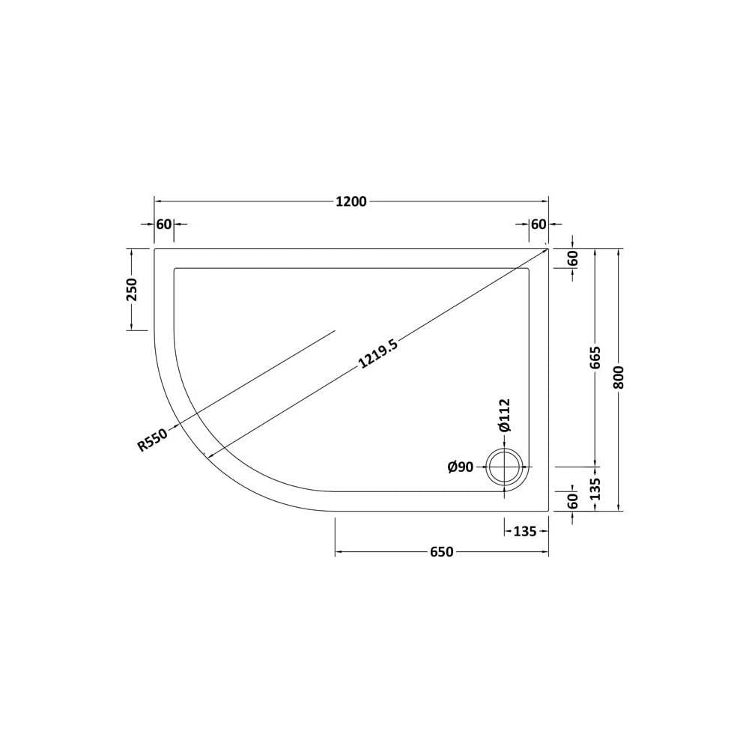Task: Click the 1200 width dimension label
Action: click(x=351, y=201)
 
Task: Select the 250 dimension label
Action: click(x=131, y=289)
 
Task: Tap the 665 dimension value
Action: click(x=595, y=357)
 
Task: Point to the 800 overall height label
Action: click(x=619, y=377)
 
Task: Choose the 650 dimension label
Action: click(x=441, y=552)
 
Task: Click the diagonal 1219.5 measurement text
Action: click(x=377, y=354)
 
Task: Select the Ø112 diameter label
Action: click(x=504, y=415)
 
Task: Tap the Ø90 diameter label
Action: click(x=461, y=467)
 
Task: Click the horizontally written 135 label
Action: click(x=525, y=531)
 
